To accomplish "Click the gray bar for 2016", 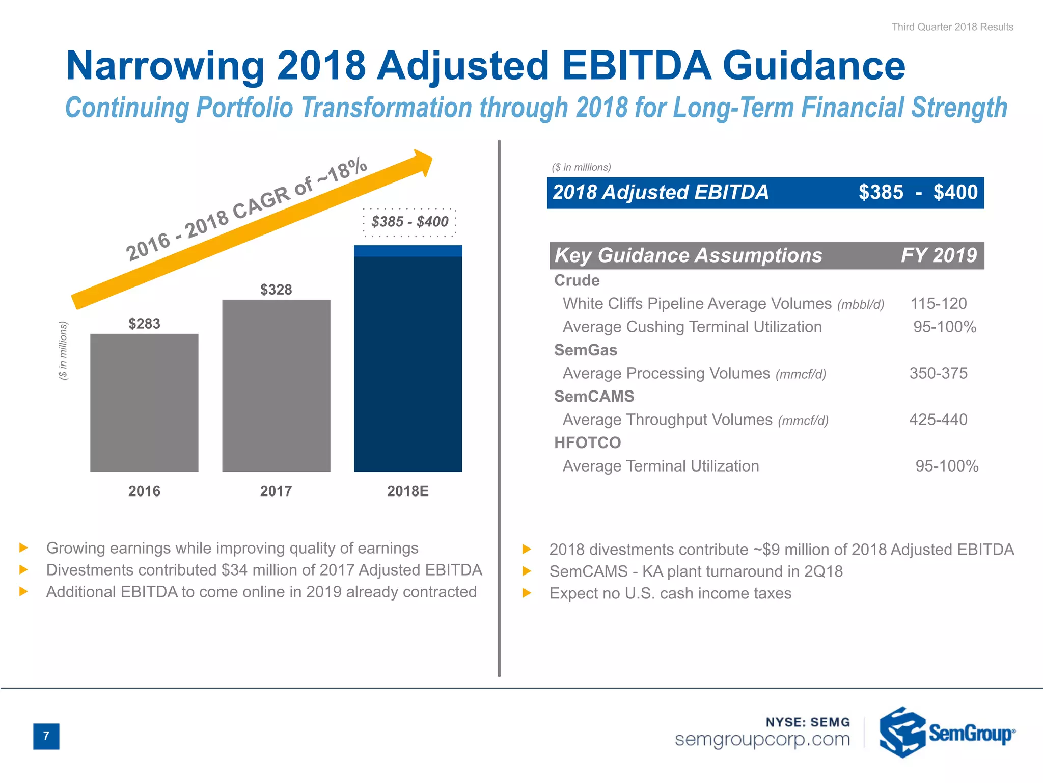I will click(144, 403).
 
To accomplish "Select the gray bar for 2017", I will click(276, 386).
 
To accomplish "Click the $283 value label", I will click(144, 324).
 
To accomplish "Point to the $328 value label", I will click(276, 290).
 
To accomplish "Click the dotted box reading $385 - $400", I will click(409, 222).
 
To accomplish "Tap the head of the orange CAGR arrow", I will click(422, 162).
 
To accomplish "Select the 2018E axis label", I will click(407, 491).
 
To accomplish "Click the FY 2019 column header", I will click(938, 255).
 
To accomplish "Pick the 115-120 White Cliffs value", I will click(938, 304).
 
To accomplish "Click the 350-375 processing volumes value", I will click(938, 373).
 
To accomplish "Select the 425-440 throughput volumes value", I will click(938, 420).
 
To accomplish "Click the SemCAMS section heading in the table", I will click(594, 396).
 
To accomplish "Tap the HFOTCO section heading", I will click(587, 442).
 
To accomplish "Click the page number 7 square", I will click(46, 736).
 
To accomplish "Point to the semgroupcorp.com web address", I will click(762, 739).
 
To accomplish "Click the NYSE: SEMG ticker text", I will click(808, 722).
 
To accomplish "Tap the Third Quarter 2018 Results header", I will click(952, 27).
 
